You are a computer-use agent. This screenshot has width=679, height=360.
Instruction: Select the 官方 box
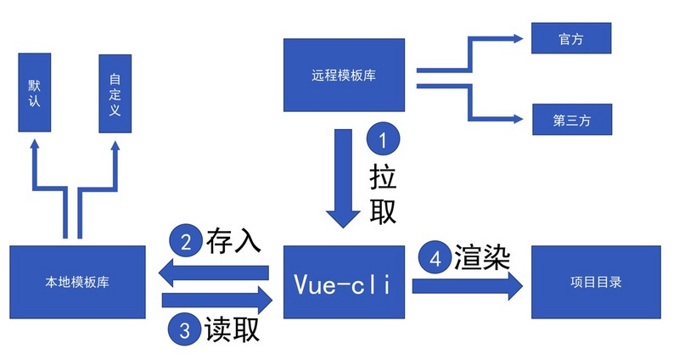[x=571, y=38]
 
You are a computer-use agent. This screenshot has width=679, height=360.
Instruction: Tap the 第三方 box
[x=571, y=120]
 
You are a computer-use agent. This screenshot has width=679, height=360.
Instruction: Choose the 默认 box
[x=35, y=93]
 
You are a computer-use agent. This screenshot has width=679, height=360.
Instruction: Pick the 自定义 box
[x=115, y=93]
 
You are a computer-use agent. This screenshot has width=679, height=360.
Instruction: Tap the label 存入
[x=233, y=240]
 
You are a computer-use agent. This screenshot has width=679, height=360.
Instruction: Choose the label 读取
[x=232, y=329]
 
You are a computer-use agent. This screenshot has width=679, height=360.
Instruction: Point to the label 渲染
[x=481, y=258]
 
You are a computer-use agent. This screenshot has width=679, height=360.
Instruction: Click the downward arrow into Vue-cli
[x=344, y=178]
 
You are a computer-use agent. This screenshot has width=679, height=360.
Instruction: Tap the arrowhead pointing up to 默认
[x=35, y=146]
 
